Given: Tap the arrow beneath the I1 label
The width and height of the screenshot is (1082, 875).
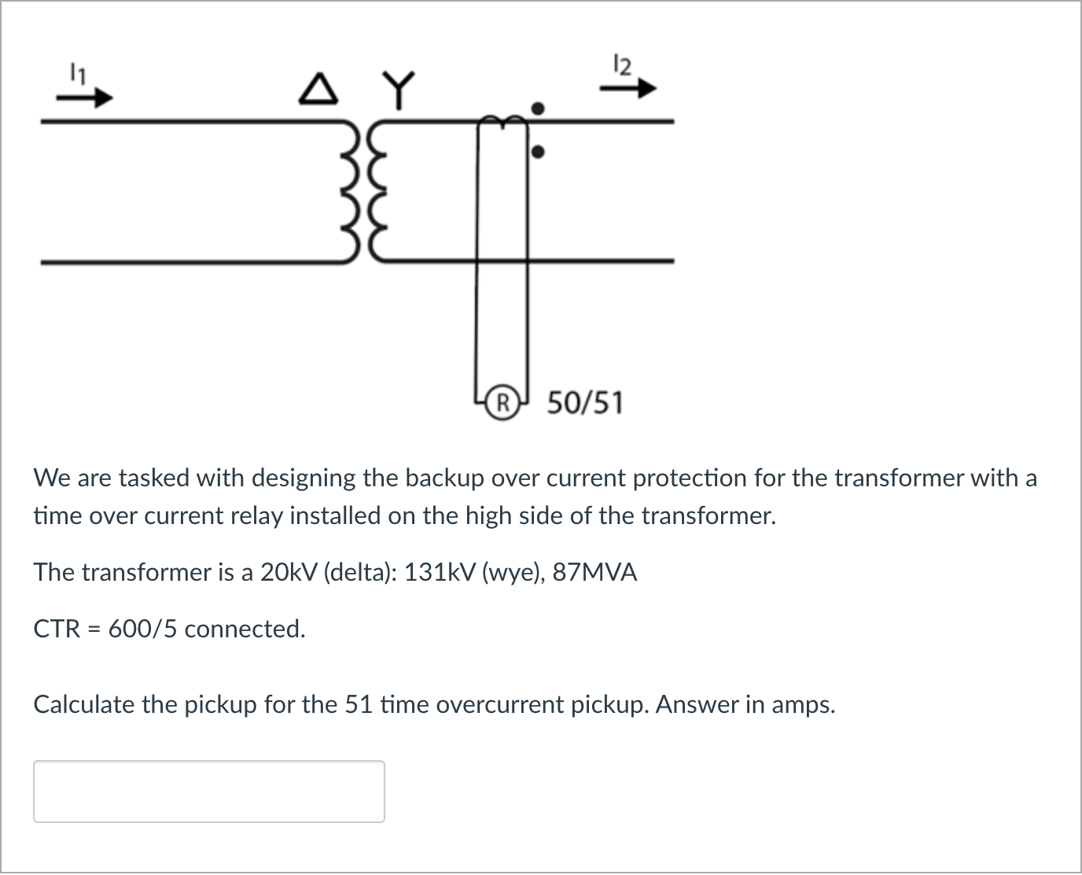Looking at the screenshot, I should tap(85, 100).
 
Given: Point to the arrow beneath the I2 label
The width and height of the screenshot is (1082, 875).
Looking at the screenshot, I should tap(627, 90).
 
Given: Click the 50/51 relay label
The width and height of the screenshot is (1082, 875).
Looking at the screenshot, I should tap(585, 403).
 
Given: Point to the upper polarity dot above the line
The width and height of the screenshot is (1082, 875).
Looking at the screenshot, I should tap(538, 107).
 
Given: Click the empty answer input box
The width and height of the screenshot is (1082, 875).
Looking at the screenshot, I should tap(209, 791).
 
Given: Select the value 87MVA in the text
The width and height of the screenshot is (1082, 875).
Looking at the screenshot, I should tap(594, 572).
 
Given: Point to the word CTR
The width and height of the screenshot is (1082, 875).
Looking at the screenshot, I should tap(57, 629).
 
